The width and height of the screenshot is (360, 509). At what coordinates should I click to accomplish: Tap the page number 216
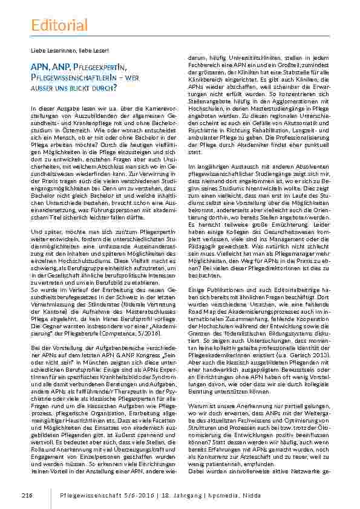(26, 496)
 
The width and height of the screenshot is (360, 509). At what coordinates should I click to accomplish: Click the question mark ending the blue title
(114, 89)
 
